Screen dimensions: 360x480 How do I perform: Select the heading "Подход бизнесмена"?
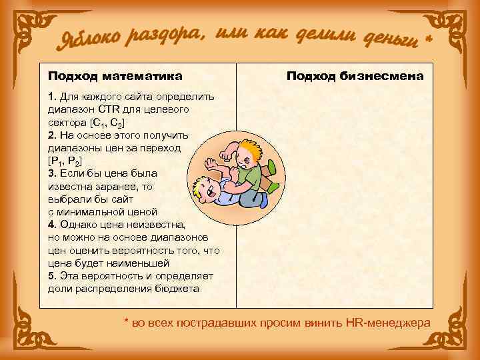click(x=355, y=77)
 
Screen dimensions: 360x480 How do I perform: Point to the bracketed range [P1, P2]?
click(x=65, y=161)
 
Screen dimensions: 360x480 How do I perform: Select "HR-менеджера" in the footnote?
click(x=389, y=323)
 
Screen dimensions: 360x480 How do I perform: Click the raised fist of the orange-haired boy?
click(x=213, y=163)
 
